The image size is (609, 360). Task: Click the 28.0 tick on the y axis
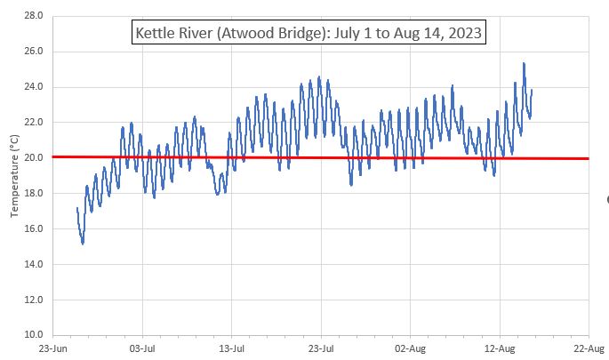[35, 16]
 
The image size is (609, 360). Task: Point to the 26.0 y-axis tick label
[35, 52]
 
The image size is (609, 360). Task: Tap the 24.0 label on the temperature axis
[35, 87]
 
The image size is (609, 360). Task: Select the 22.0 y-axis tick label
[35, 123]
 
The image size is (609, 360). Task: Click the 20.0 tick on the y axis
[35, 158]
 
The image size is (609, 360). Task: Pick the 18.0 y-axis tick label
[35, 194]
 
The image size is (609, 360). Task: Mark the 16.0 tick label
[35, 229]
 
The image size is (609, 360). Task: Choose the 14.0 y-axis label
[35, 265]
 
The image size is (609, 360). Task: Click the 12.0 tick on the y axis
[35, 300]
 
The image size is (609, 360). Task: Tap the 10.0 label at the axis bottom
[35, 335]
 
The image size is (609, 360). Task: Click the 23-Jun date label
[54, 349]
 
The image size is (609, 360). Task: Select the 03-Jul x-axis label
[143, 349]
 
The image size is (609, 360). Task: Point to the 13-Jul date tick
[232, 349]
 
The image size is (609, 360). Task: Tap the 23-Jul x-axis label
[321, 349]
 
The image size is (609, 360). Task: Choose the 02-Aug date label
[410, 349]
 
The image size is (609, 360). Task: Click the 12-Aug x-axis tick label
[499, 349]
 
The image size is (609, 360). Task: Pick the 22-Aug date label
[588, 349]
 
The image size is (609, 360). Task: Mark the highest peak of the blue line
[524, 63]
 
